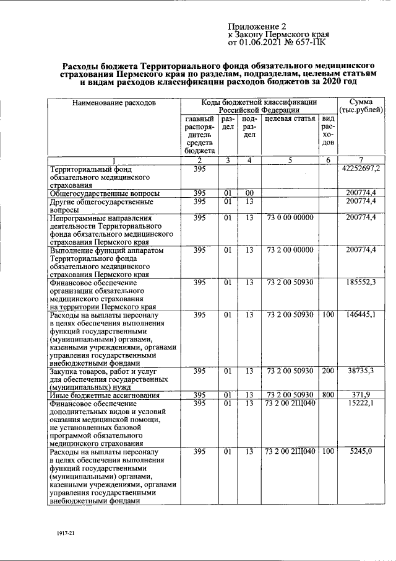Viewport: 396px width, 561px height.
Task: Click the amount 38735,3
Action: click(x=368, y=371)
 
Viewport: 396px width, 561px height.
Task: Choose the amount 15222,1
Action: click(x=368, y=404)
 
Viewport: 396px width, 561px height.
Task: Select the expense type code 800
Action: click(x=327, y=395)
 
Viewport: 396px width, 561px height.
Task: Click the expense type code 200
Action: click(x=327, y=371)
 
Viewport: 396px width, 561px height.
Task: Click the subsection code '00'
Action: click(x=249, y=193)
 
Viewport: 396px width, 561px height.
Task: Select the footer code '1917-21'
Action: click(x=64, y=533)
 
